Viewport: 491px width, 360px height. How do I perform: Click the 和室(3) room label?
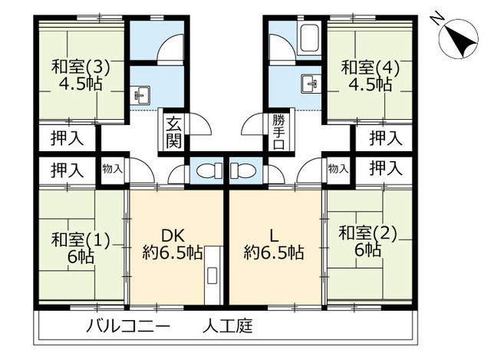[81, 67]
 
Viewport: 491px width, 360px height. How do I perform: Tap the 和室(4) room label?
[372, 67]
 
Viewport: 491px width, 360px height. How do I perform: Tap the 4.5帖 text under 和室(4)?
[372, 84]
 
